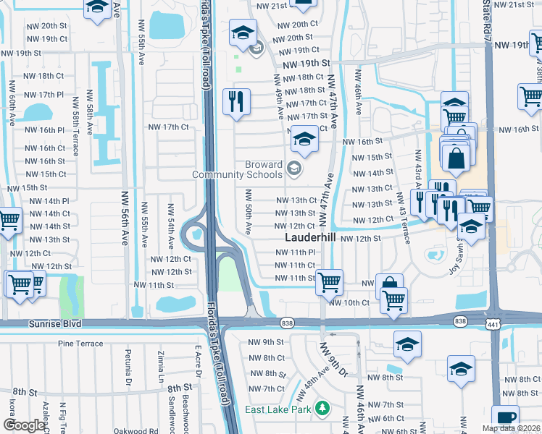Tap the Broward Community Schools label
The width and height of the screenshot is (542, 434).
237,169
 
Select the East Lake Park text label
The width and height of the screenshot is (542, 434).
278,409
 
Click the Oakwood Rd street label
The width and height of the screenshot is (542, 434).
134,431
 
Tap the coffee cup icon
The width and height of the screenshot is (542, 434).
505,417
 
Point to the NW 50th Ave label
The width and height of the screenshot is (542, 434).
248,212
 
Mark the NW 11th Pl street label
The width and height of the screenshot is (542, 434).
295,252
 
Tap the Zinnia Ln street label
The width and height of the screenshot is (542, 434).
162,366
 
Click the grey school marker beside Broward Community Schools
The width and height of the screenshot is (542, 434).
293,170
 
